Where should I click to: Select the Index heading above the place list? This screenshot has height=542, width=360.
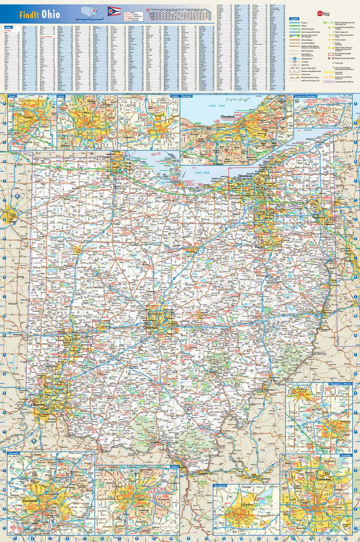tap(8, 26)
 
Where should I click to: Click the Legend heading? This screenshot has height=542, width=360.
tap(294, 19)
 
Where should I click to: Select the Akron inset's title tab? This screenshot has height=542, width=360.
tap(62, 97)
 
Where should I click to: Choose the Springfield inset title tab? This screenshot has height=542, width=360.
tap(221, 470)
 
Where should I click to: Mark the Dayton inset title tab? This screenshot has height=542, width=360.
tap(173, 467)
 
